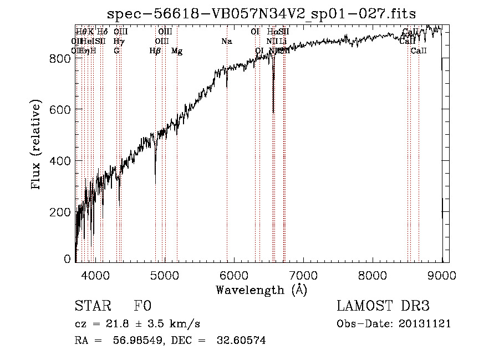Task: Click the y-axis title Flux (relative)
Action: (37, 146)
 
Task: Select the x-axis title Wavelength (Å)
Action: (261, 290)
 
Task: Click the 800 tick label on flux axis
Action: (61, 58)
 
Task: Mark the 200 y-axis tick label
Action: (61, 212)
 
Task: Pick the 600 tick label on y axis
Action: (61, 109)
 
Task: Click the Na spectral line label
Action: (226, 41)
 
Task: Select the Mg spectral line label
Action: (177, 51)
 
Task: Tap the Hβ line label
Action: (155, 51)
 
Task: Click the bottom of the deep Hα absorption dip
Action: (273, 112)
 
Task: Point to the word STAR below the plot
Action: (92, 306)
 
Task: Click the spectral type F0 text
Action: (142, 306)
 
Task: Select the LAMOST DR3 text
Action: (383, 306)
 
